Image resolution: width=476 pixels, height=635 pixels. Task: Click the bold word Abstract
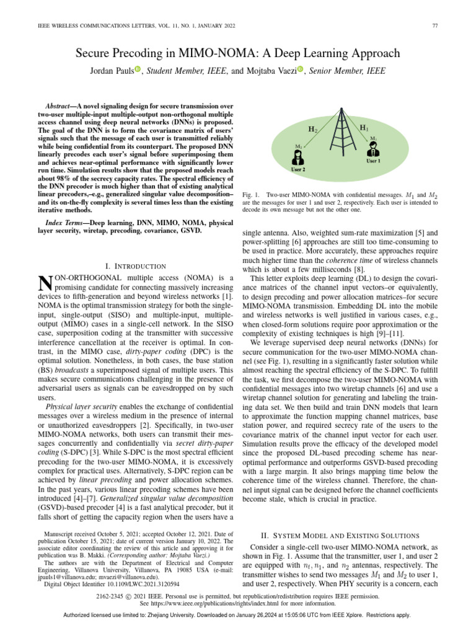[x=64, y=107]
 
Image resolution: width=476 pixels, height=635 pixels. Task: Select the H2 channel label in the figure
[x=313, y=130]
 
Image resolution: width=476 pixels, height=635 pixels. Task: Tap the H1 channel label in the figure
[x=364, y=127]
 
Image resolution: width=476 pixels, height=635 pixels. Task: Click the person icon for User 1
[x=374, y=149]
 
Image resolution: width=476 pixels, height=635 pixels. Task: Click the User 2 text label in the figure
[x=299, y=169]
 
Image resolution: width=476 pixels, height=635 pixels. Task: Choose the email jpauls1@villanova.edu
[x=65, y=575]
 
